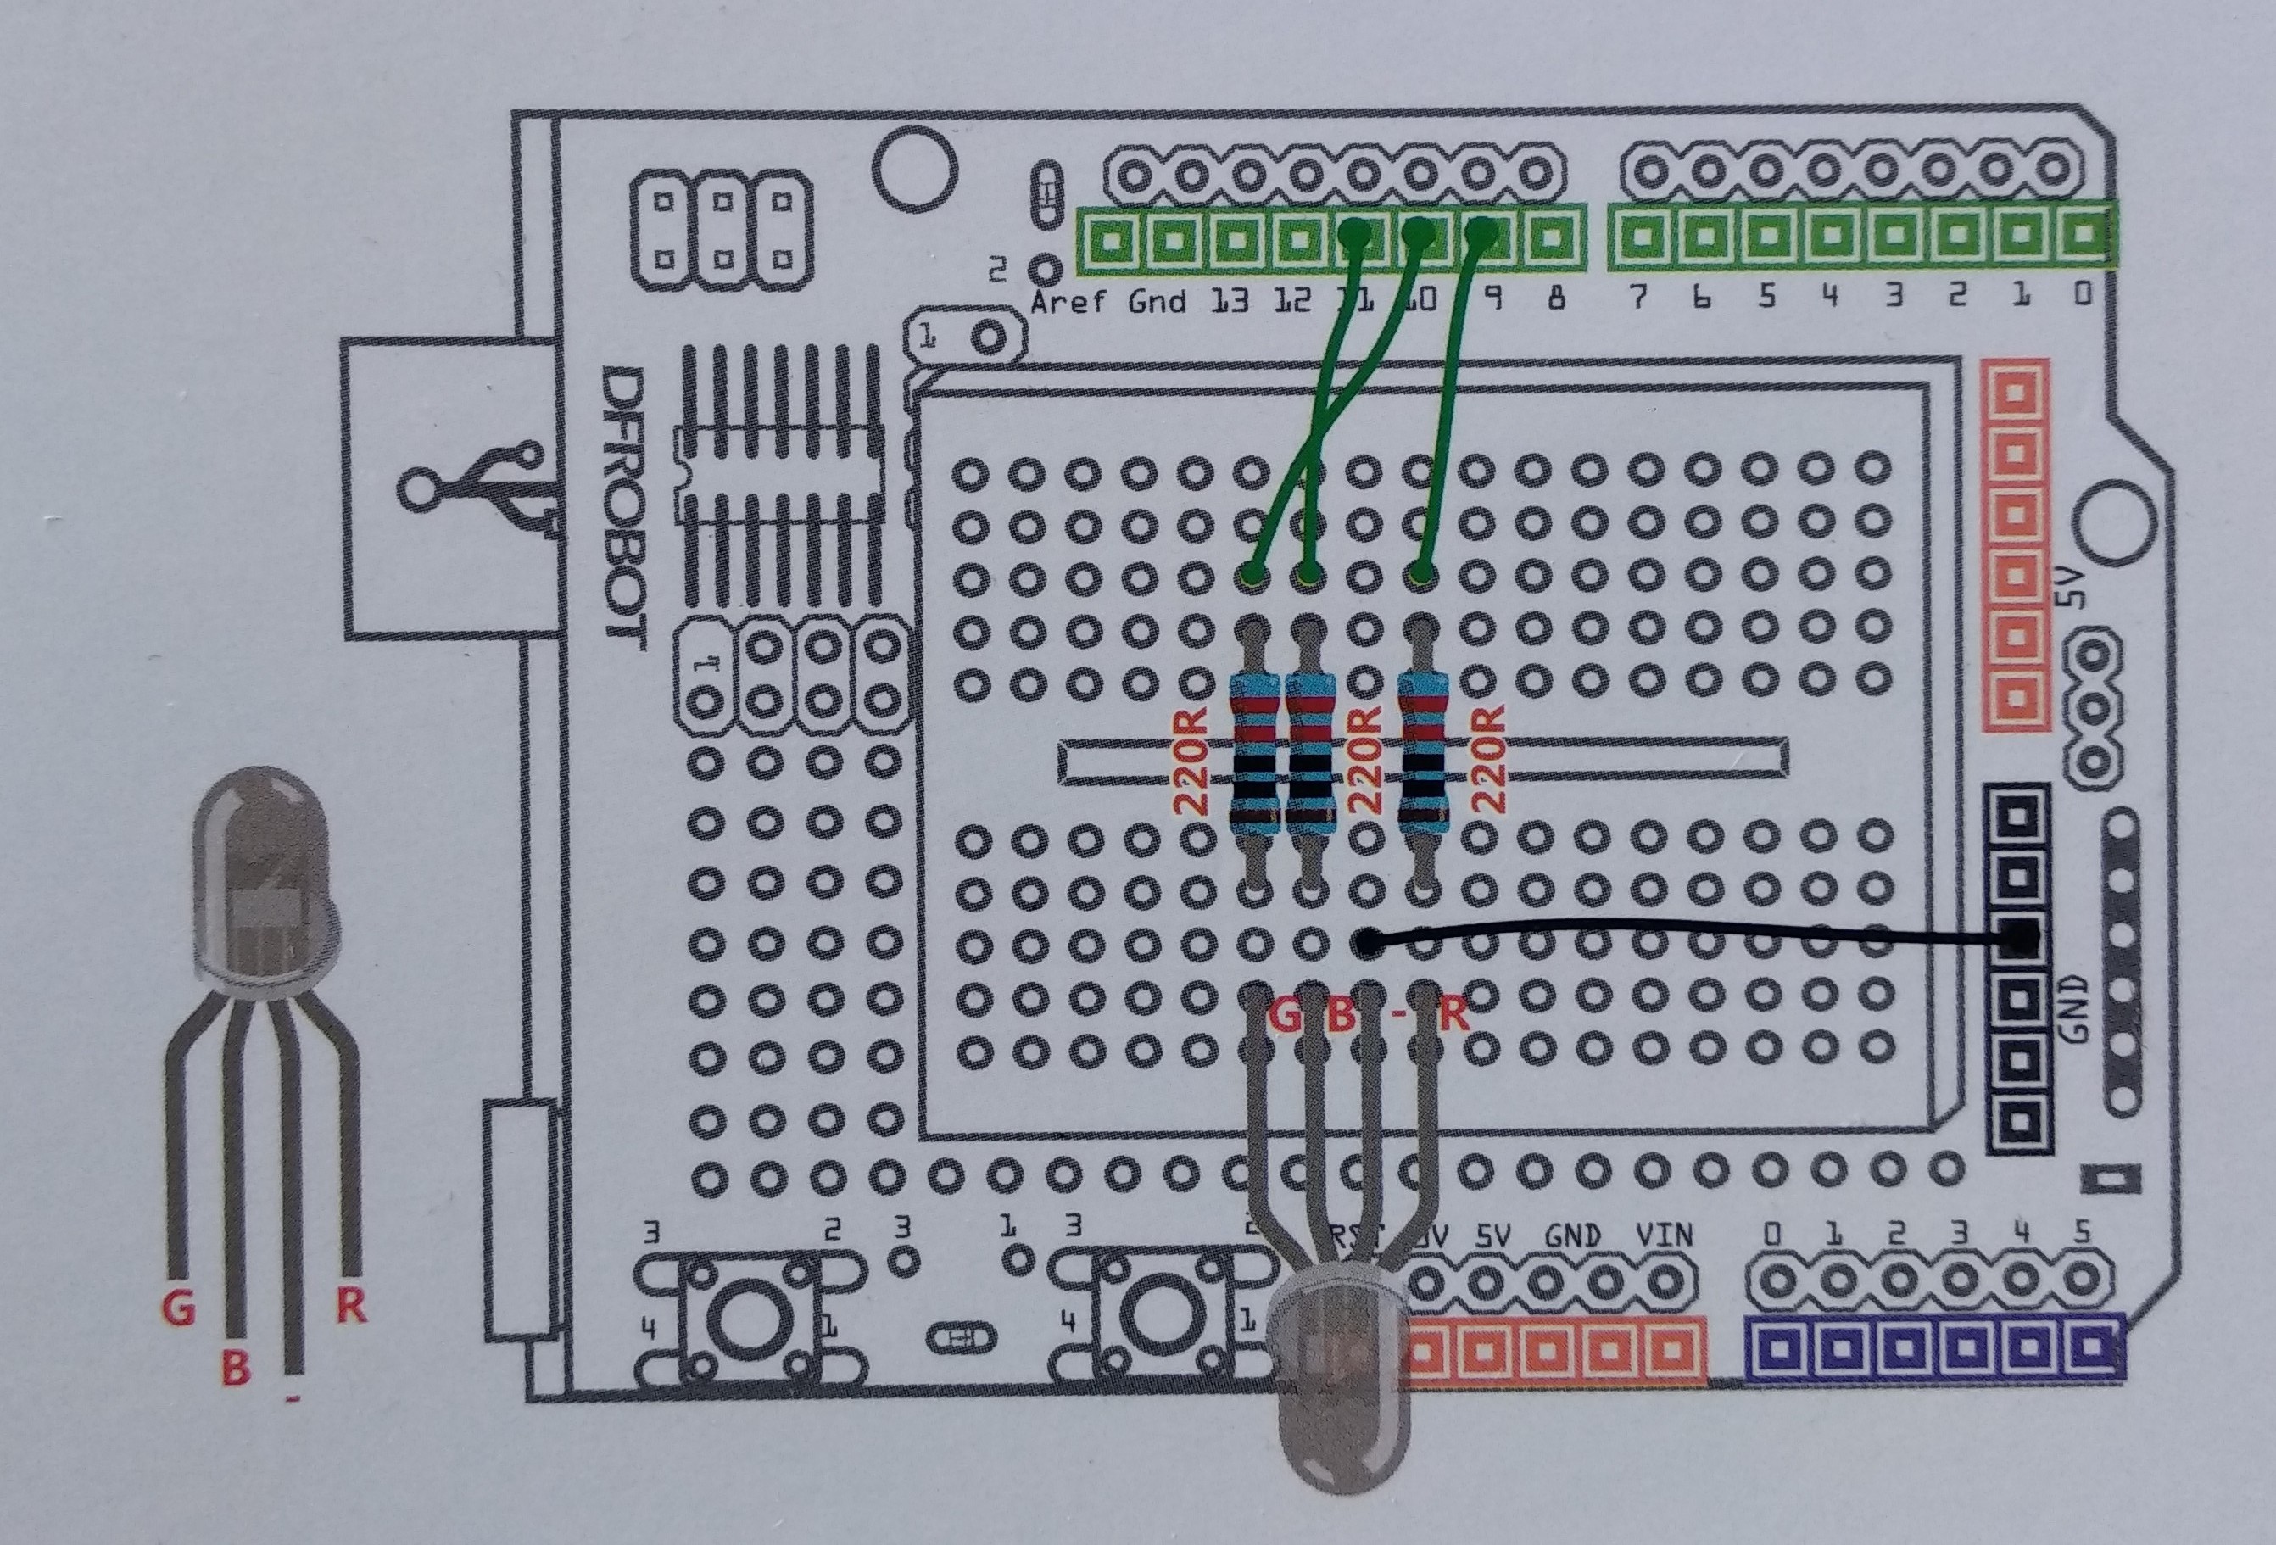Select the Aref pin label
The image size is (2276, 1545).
tap(1068, 299)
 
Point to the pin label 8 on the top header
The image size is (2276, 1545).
tap(1554, 298)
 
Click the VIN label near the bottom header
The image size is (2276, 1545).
tap(1664, 1235)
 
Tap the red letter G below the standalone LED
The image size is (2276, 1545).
tap(178, 1309)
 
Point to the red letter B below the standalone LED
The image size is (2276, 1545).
tap(235, 1367)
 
